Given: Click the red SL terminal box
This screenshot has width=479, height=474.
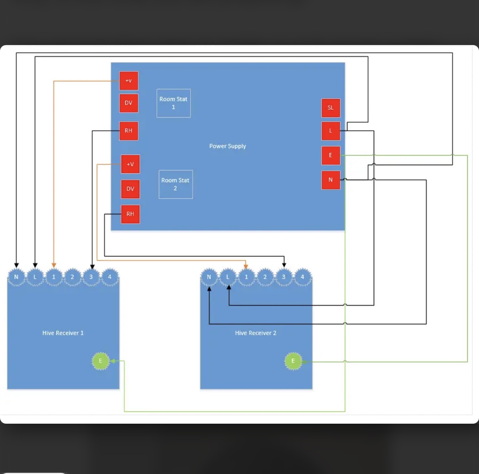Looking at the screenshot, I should point(331,108).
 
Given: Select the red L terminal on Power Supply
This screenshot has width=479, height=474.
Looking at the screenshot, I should point(331,131).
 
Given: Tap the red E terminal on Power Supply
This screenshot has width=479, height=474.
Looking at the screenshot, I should point(331,155).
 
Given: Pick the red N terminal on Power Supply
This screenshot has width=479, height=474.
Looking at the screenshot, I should point(331,180).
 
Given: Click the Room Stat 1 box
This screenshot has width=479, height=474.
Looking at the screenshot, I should point(173,103).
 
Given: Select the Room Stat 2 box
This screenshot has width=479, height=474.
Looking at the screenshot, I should point(176,184).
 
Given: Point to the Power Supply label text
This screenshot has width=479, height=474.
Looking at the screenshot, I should point(228,146).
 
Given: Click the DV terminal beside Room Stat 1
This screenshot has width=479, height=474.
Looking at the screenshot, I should point(128,103).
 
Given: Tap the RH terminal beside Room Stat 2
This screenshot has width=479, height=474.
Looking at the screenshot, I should point(130,214).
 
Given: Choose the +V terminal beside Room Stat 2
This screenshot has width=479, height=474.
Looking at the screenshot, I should point(130,164).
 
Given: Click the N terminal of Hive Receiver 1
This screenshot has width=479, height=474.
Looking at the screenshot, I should point(16,277).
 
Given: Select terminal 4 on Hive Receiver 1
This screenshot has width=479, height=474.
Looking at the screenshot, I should point(110,277).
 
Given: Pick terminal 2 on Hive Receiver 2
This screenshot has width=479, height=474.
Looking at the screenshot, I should point(265,277).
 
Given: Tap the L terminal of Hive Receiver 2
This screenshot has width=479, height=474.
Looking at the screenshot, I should point(228,277).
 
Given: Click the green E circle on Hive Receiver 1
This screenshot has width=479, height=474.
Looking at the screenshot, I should point(100,361).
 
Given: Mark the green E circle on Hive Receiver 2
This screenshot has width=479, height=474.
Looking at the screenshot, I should point(293,361).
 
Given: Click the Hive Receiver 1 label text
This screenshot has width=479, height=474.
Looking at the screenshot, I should point(63,333).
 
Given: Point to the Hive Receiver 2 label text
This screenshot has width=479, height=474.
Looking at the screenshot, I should point(256,333).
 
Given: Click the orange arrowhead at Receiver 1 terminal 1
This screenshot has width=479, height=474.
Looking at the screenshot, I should point(54,265).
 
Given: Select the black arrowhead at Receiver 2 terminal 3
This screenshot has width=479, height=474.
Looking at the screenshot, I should point(284,265).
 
